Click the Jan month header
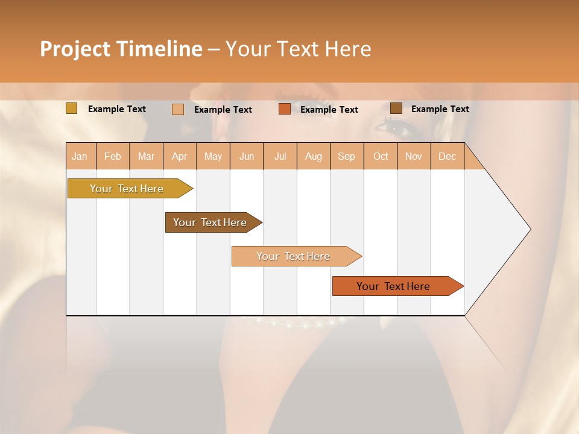click(x=80, y=157)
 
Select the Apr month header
click(x=180, y=157)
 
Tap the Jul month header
click(x=280, y=157)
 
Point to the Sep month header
click(x=346, y=157)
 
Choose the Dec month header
click(x=447, y=157)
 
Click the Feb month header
click(x=113, y=157)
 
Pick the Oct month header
click(x=381, y=157)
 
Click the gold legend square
click(x=71, y=108)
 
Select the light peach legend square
click(x=177, y=109)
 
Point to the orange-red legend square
click(x=285, y=109)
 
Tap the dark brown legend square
click(x=396, y=108)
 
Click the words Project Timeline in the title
click(x=121, y=49)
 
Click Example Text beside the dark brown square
click(x=440, y=109)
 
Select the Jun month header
click(x=247, y=157)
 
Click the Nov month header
click(x=414, y=157)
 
